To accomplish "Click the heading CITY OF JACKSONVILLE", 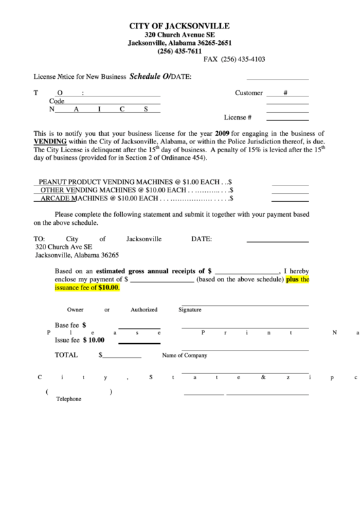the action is coord(179,25).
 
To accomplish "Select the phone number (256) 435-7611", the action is coord(179,51).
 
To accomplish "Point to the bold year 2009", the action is coord(222,133).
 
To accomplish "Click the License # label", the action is coord(238,117).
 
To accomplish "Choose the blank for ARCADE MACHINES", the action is coord(290,200).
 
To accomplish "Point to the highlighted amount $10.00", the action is coord(108,287).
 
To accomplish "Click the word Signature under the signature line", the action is coord(190,310).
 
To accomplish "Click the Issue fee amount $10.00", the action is coord(94,340).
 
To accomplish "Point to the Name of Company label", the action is coord(184,355).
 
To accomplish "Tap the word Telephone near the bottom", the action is coord(69,399).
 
